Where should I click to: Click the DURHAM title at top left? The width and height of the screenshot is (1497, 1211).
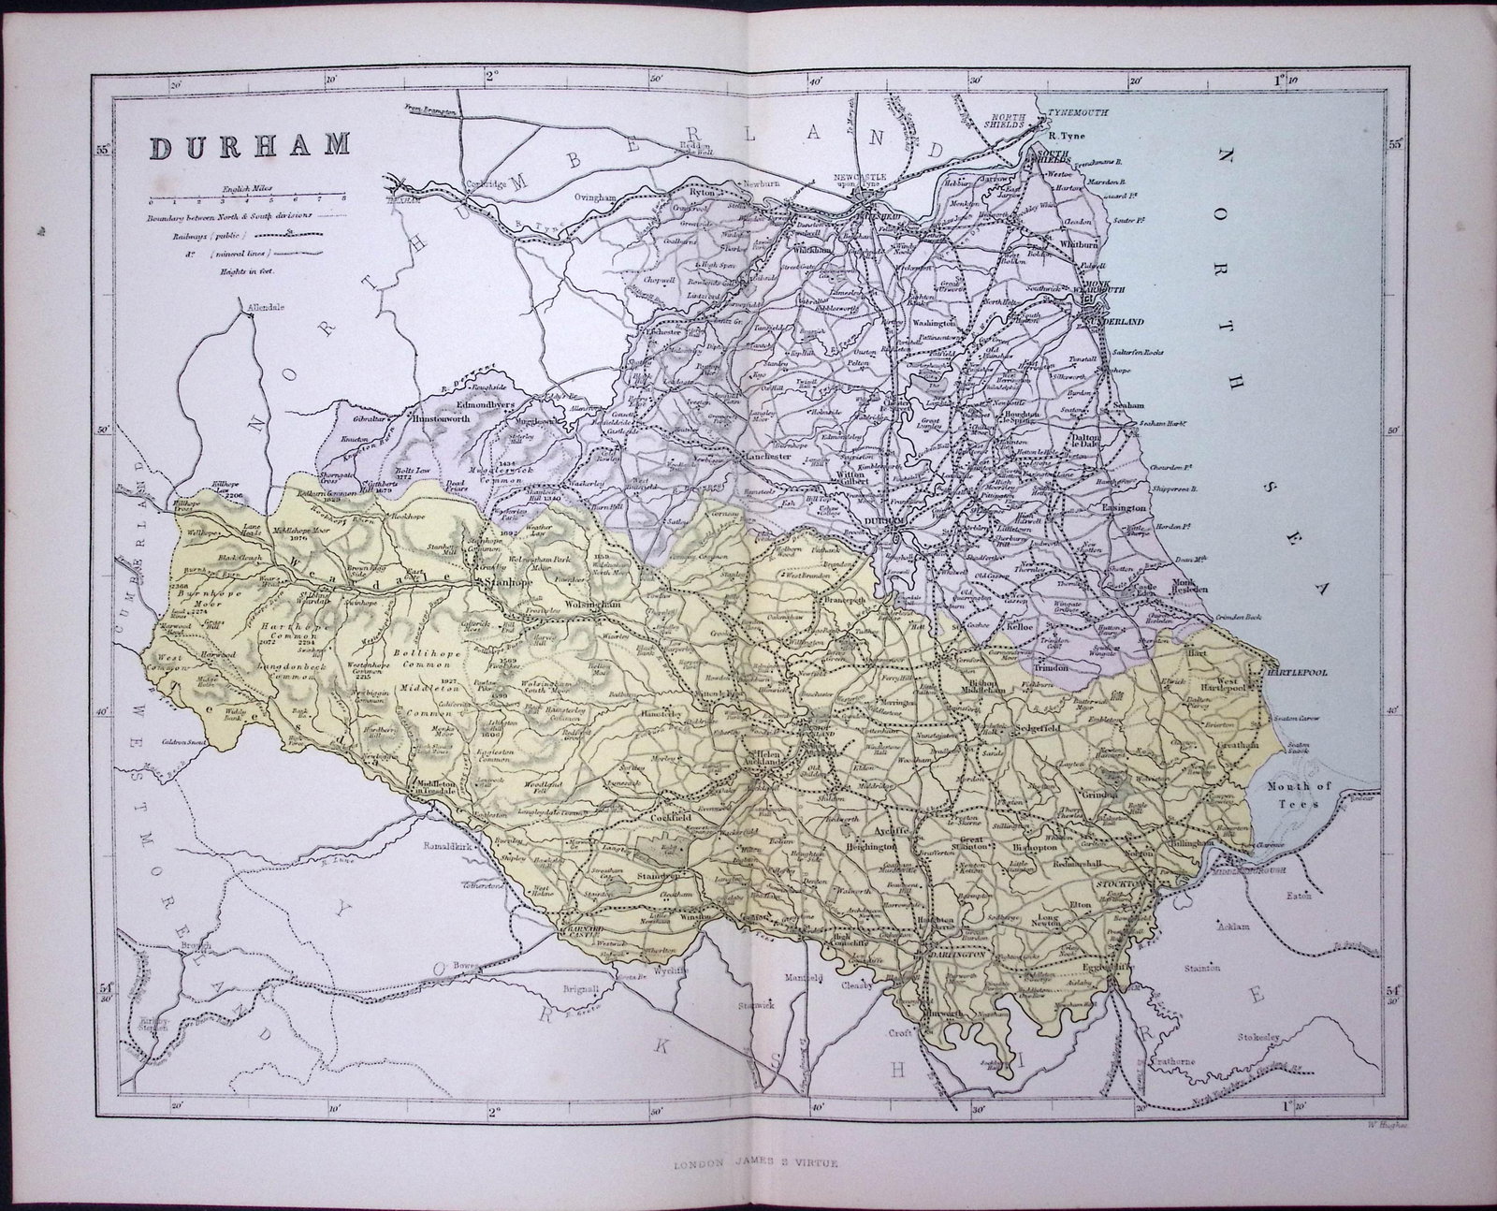click(x=247, y=147)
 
